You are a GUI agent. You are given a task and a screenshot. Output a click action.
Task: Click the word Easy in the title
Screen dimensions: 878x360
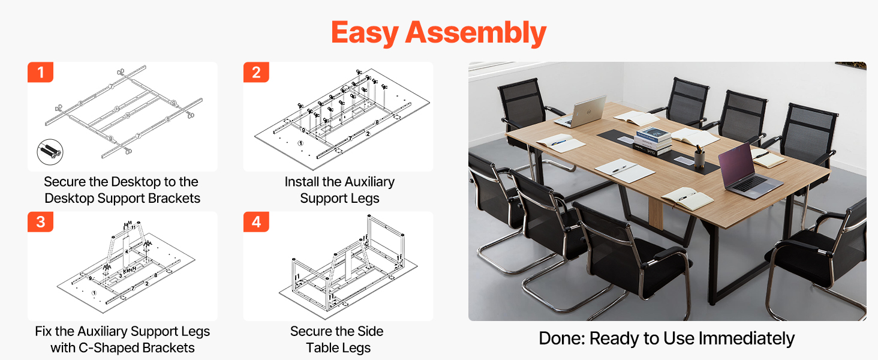coord(365,33)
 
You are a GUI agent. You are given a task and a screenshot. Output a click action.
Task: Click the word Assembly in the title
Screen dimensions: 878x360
coord(476,33)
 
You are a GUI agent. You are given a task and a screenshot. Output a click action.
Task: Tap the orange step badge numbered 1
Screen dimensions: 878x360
coord(40,72)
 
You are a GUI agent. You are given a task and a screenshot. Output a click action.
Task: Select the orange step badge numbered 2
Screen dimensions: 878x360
coord(256,72)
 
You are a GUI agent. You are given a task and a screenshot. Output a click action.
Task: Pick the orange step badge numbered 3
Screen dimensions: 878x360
coord(40,222)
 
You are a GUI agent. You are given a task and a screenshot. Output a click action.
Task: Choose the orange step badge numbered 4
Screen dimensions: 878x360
coord(256,222)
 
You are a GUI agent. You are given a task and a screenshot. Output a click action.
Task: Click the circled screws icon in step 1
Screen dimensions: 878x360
coord(50,152)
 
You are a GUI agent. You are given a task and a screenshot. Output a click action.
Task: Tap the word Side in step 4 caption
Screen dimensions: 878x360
coord(370,331)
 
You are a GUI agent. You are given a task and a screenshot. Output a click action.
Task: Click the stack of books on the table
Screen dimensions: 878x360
coord(653,140)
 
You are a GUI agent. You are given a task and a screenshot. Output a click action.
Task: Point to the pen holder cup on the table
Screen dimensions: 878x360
coord(700,158)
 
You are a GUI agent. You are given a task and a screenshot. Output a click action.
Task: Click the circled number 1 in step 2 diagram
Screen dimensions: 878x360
coord(300,143)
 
